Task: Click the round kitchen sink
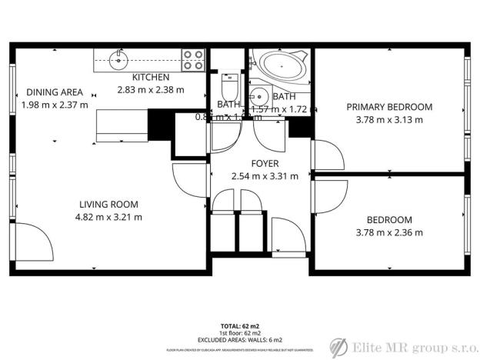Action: [x=118, y=58]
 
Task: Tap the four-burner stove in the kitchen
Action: [x=193, y=59]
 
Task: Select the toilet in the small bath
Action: [x=228, y=82]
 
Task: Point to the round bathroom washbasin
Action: [x=259, y=97]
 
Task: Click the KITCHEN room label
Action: [x=151, y=77]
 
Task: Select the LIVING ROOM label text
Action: [x=108, y=204]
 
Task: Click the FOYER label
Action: [x=265, y=164]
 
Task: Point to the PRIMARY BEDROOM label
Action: [x=388, y=107]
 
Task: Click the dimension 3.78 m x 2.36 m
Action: [x=388, y=232]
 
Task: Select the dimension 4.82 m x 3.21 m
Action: [x=108, y=217]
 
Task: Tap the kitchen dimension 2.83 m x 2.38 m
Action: [x=151, y=89]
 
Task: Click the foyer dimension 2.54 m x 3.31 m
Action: [x=265, y=176]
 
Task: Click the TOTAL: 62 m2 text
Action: [x=242, y=326]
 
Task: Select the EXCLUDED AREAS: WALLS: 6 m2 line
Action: [x=242, y=340]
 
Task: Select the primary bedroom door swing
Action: [x=327, y=155]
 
